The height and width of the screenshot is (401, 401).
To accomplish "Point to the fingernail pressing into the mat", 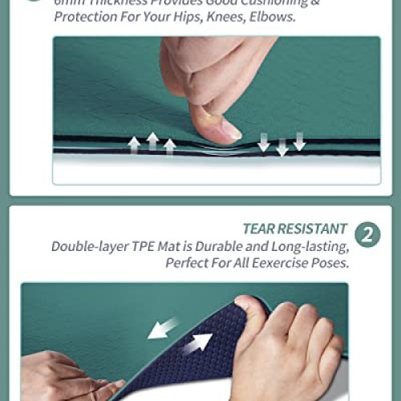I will click(x=227, y=129).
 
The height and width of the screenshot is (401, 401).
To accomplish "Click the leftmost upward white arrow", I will click(x=135, y=144).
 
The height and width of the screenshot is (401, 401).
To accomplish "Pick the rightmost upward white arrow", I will click(x=169, y=146).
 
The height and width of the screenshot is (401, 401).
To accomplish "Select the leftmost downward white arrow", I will click(x=264, y=142).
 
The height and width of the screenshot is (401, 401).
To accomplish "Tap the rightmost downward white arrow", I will click(x=299, y=141).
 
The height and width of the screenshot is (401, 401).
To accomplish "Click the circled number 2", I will click(x=367, y=235).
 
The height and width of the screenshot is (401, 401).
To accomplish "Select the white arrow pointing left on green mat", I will click(x=164, y=327).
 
